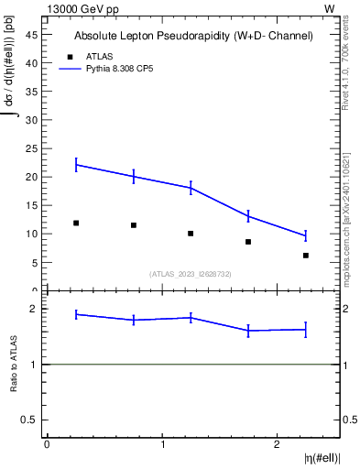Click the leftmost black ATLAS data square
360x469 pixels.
pyautogui.click(x=76, y=223)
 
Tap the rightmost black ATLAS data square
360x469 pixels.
pyautogui.click(x=306, y=256)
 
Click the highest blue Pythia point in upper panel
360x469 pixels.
pyautogui.click(x=76, y=165)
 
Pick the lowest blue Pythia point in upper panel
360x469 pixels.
pyautogui.click(x=306, y=236)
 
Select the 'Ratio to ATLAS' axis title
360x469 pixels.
pyautogui.click(x=14, y=364)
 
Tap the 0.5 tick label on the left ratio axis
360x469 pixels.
pyautogui.click(x=30, y=420)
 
